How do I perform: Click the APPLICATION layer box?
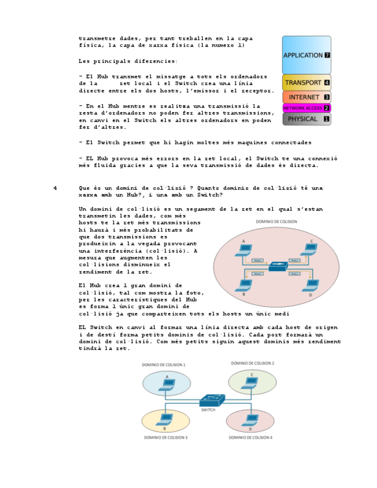pyautogui.click(x=306, y=55)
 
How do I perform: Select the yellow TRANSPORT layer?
pyautogui.click(x=306, y=82)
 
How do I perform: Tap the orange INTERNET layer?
pyautogui.click(x=306, y=97)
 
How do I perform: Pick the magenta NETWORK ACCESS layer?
pyautogui.click(x=306, y=108)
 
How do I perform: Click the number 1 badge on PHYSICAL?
pyautogui.click(x=326, y=119)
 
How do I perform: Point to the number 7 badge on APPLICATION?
pyautogui.click(x=327, y=56)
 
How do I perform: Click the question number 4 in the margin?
pyautogui.click(x=55, y=188)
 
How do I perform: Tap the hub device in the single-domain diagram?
pyautogui.click(x=279, y=266)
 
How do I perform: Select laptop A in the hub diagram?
pyautogui.click(x=245, y=250)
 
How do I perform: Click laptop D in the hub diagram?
pyautogui.click(x=312, y=284)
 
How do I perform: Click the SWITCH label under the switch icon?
pyautogui.click(x=208, y=410)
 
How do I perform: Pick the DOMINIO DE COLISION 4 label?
pyautogui.click(x=251, y=437)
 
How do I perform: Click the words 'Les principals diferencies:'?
pyautogui.click(x=128, y=61)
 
